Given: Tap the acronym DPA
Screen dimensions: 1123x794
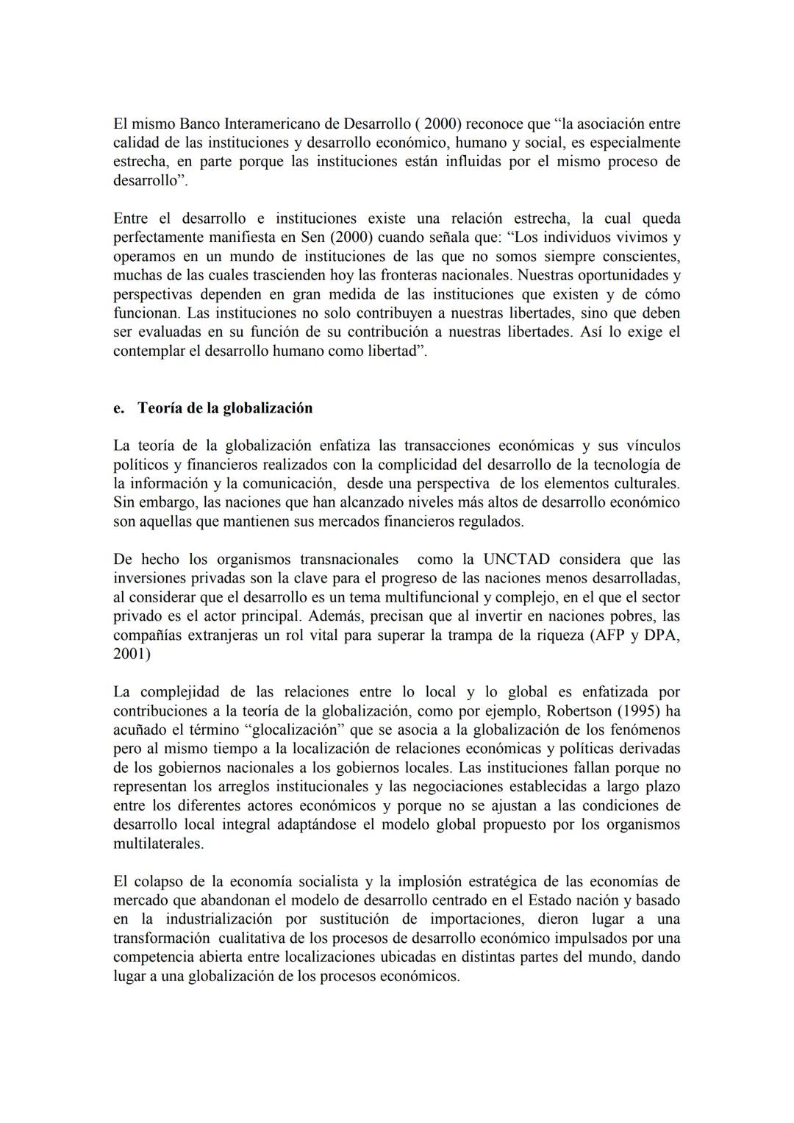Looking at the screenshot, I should [x=659, y=635].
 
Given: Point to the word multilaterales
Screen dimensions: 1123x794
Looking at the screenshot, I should [x=158, y=844].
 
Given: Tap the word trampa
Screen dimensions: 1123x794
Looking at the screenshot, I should [x=462, y=635].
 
